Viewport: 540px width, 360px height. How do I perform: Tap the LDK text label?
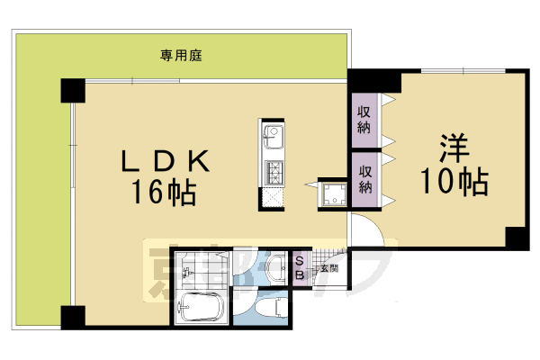click(x=166, y=162)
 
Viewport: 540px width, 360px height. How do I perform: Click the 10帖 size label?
click(x=454, y=183)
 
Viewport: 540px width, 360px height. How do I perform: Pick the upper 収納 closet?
click(x=364, y=119)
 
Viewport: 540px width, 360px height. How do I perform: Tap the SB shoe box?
click(x=300, y=267)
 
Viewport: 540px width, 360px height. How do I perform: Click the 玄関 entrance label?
click(x=327, y=267)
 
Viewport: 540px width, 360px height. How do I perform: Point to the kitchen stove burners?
click(x=273, y=170)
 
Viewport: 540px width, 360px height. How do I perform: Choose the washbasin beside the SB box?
click(x=275, y=266)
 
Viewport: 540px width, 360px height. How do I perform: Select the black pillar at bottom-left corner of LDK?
click(x=73, y=317)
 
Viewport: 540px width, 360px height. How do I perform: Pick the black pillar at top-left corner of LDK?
click(x=73, y=91)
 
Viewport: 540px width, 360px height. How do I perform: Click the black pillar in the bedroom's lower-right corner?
click(x=517, y=238)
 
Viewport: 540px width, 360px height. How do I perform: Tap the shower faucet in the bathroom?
click(x=184, y=271)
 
